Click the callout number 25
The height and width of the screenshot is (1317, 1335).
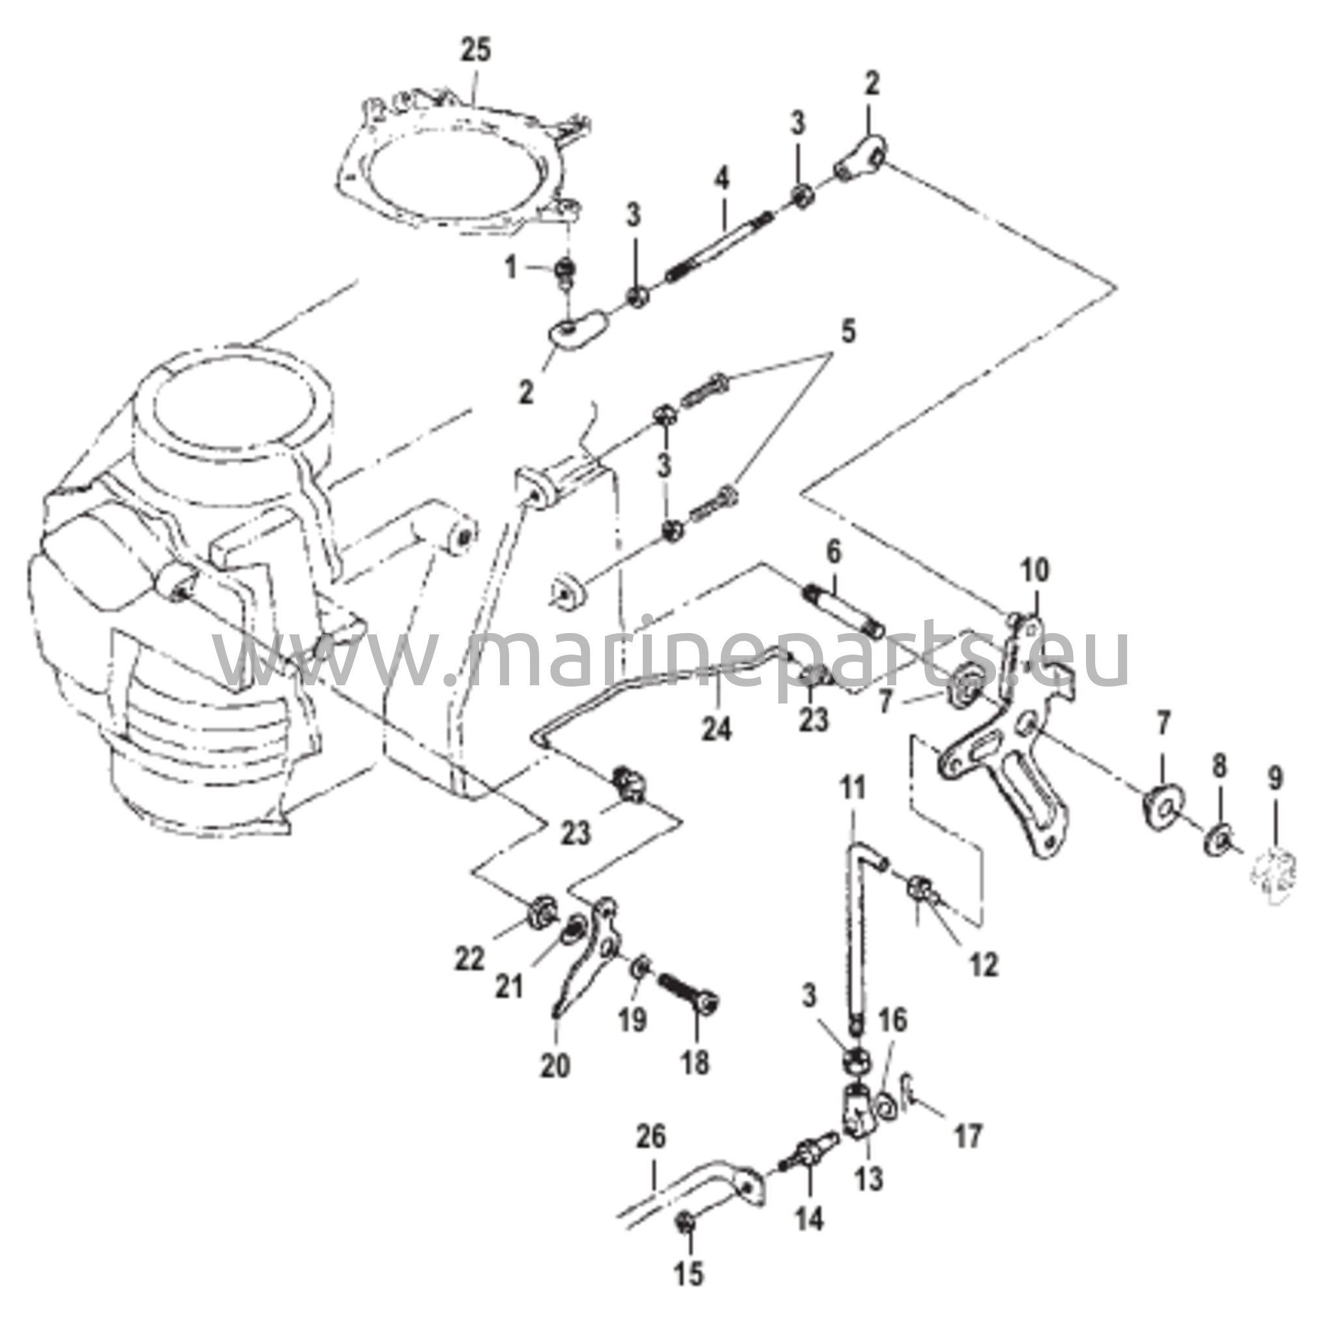tap(475, 50)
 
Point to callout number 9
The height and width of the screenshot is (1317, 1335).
tap(1275, 778)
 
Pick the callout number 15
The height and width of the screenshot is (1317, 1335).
tap(689, 1273)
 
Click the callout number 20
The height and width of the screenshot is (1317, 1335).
tap(555, 1065)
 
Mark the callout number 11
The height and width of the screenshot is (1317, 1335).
tap(853, 787)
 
